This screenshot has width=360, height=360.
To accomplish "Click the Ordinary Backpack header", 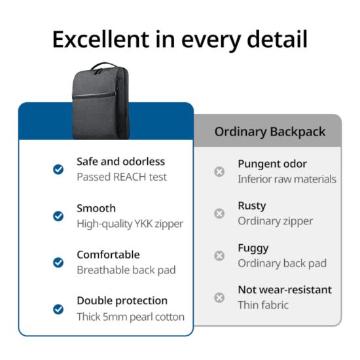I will point(270,132).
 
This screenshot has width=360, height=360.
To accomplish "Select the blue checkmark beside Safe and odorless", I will point(58,169).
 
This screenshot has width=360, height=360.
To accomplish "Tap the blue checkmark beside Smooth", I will point(58,216).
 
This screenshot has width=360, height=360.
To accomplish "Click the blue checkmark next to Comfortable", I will point(58,262).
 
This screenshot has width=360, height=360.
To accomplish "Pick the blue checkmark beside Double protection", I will point(58,309).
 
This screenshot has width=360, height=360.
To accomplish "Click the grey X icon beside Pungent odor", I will point(219,171).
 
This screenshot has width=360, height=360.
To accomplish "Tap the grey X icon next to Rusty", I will point(219,213).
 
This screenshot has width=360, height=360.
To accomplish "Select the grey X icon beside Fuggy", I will point(219,256).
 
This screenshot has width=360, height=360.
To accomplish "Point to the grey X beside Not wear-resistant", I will point(219,298).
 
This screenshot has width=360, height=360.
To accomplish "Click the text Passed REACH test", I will point(122,177).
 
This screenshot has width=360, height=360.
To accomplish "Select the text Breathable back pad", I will point(126,270).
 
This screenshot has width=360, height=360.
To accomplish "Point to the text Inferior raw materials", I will point(287,179).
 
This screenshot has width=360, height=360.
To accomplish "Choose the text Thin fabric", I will point(263,305).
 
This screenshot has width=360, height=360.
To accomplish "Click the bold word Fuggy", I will point(253,248).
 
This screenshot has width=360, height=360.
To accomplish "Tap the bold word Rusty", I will point(252,206).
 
